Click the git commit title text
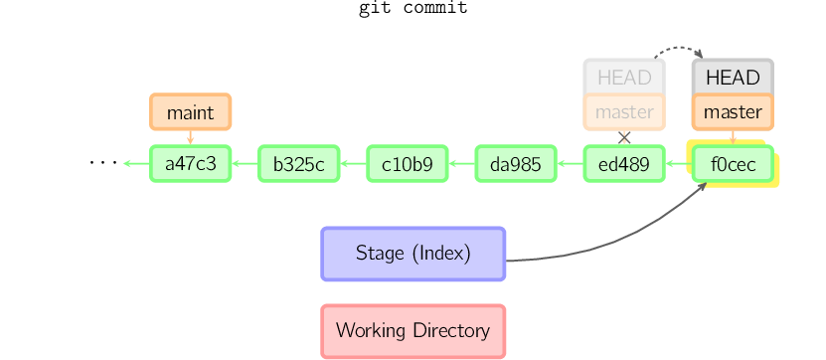[413, 8]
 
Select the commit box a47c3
[191, 164]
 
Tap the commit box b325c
[299, 164]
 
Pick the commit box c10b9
[408, 164]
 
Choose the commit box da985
[516, 164]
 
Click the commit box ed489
[624, 164]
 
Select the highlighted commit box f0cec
[733, 164]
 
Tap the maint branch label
[191, 111]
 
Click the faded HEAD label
[624, 77]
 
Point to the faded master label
[624, 111]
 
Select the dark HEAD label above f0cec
[733, 77]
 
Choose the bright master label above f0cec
[733, 111]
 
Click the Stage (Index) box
[413, 254]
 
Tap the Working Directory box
[413, 331]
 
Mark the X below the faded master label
[624, 138]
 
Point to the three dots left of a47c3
[103, 163]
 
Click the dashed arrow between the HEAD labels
[680, 48]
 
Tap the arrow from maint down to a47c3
[191, 137]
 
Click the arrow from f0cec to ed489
[679, 164]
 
